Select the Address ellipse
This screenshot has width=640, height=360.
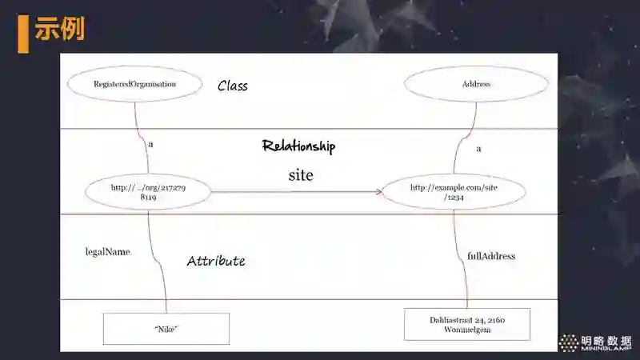pos(476,84)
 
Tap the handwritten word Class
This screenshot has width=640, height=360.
pos(233,86)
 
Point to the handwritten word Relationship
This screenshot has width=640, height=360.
pos(298,146)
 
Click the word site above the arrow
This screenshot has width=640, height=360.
pos(300,174)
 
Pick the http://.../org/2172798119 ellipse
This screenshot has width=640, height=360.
pos(148,191)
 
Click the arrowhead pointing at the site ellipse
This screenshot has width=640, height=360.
pos(378,192)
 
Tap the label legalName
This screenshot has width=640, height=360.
pos(107,251)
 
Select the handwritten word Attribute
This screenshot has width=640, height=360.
pos(216,261)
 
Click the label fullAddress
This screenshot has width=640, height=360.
pos(491,256)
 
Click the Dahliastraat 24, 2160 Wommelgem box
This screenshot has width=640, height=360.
pos(466,325)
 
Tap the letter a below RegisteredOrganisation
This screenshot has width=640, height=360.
pos(150,144)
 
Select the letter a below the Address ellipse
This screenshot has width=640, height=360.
pos(478,149)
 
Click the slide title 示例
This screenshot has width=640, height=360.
pos(60,29)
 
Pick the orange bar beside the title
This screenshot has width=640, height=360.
pos(23,32)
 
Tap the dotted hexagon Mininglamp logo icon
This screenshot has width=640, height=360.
pos(569,343)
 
